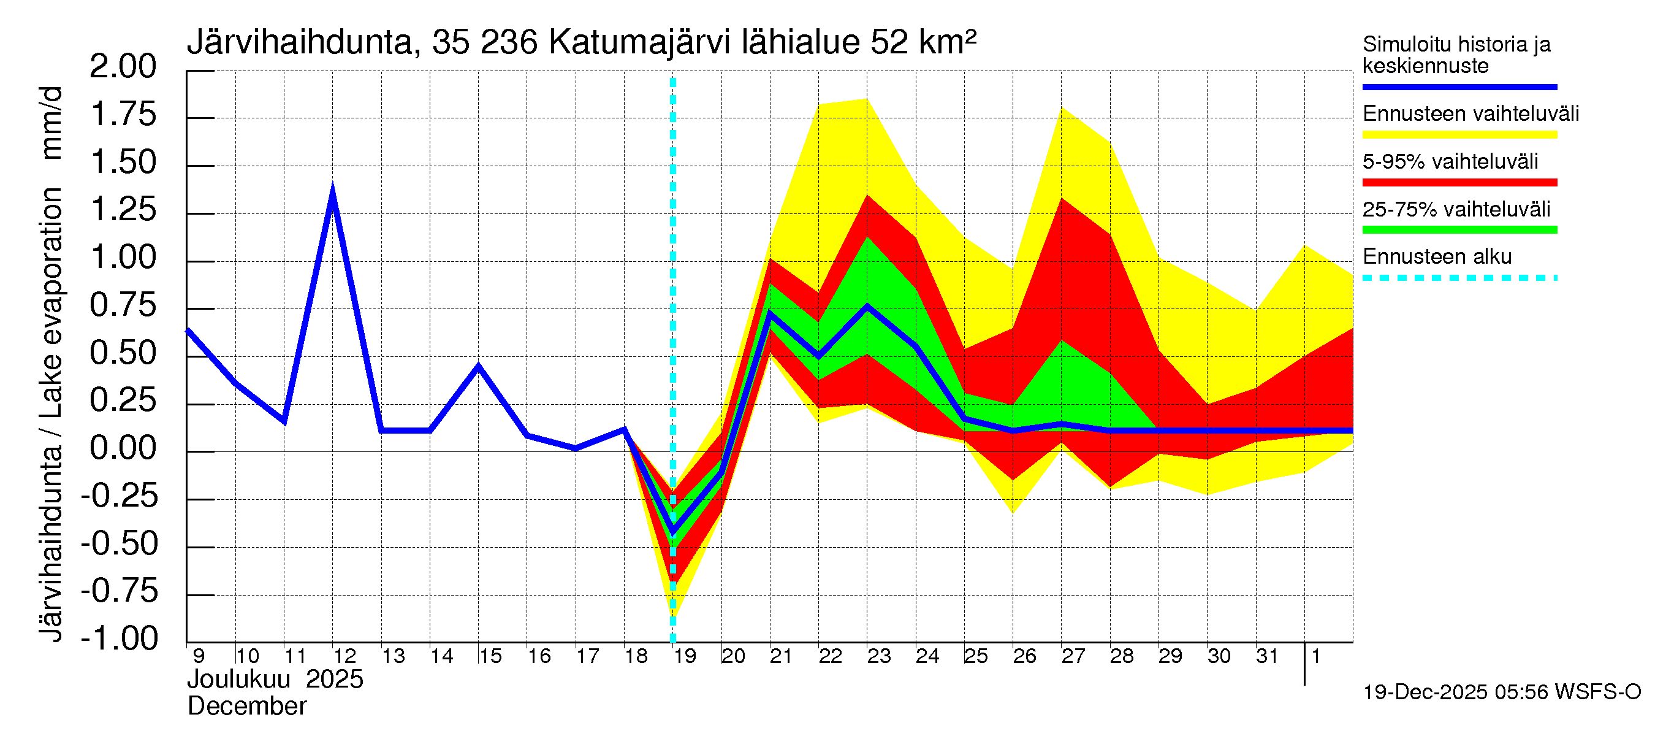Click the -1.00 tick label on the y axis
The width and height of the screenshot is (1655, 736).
(120, 638)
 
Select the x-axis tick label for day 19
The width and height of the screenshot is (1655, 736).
(685, 656)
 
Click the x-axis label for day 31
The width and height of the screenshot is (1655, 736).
(1267, 656)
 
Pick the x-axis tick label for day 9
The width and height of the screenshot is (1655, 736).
(199, 656)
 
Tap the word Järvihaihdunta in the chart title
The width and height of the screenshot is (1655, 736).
(299, 43)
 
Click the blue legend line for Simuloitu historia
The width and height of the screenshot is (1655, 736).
(1459, 86)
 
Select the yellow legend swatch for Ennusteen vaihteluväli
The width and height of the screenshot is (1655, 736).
(1459, 134)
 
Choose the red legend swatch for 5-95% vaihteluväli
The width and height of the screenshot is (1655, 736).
(1459, 183)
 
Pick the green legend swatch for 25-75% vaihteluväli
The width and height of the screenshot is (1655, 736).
(1459, 230)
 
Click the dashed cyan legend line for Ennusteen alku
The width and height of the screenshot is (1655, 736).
(1459, 278)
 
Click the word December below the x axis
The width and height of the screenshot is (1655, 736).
(246, 707)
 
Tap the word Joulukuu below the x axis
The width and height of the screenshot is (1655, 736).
(238, 680)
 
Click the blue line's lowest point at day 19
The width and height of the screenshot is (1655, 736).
(672, 532)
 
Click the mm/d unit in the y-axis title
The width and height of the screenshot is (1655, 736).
(51, 122)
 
